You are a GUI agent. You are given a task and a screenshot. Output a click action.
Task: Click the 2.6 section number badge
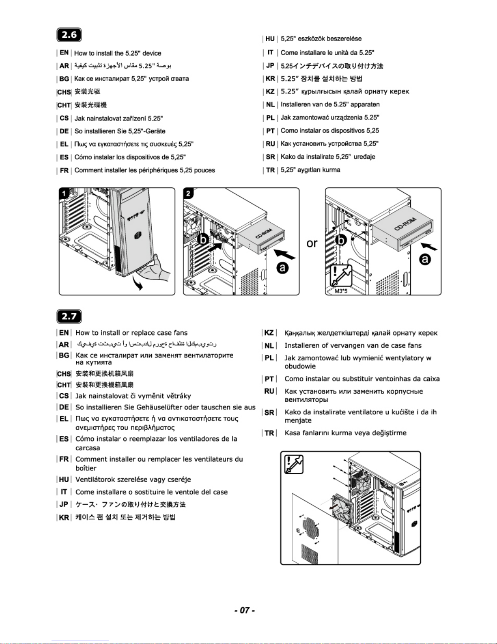point(69,35)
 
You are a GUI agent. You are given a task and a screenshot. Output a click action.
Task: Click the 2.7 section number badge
point(69,316)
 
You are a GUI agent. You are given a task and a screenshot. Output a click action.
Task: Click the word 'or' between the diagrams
point(312,243)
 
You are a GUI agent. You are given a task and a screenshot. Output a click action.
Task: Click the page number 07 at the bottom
point(244,610)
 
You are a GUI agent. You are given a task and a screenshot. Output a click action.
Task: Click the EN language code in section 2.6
point(64,53)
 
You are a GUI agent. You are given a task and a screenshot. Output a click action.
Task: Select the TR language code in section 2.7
point(269,433)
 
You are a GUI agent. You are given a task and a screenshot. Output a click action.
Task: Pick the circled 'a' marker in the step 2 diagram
point(282,268)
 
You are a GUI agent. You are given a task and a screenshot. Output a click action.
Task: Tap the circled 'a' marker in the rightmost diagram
point(425,259)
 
